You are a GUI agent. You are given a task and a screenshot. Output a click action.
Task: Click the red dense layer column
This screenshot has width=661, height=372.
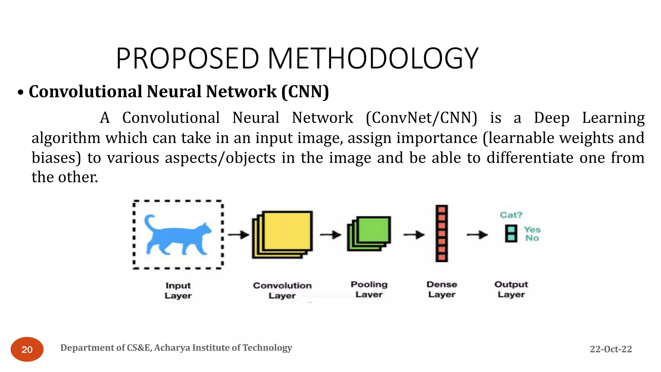click(x=442, y=233)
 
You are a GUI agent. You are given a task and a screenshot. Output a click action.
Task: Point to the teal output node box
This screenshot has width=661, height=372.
click(x=511, y=234)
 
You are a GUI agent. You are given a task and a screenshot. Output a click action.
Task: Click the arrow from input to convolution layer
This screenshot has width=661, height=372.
click(x=239, y=235)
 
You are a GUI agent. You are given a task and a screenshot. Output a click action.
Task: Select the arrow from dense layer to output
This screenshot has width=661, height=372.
click(x=477, y=235)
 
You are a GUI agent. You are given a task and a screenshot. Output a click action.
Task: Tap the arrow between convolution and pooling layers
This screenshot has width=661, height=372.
click(x=330, y=235)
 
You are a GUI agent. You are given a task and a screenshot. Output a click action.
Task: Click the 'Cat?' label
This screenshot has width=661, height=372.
click(x=511, y=215)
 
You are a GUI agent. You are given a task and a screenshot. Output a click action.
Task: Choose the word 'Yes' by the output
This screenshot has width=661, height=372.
click(x=532, y=230)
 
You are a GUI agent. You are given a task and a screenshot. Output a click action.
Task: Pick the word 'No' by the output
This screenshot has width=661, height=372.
click(x=532, y=238)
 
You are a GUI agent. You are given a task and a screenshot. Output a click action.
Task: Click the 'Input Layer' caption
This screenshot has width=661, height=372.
click(x=178, y=290)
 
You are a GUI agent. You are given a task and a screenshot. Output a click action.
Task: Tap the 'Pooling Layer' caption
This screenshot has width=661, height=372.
click(x=369, y=289)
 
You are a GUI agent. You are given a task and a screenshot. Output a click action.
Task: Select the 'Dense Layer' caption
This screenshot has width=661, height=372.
click(x=442, y=289)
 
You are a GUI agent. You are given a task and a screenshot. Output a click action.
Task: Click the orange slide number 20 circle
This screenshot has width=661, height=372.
click(x=27, y=349)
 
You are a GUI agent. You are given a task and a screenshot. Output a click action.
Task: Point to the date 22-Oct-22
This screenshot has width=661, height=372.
click(x=611, y=349)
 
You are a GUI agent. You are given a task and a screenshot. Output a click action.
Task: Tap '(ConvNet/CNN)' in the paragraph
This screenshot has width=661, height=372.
click(x=422, y=118)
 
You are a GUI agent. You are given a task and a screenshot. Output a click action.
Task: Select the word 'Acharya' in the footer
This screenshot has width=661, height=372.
click(x=172, y=348)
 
